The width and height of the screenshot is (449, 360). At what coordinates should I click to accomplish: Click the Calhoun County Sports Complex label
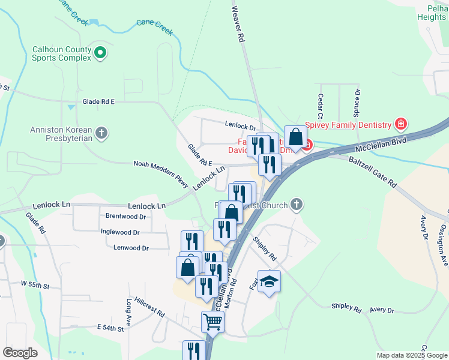(x=62, y=54)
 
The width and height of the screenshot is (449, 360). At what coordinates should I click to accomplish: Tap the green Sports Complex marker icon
(x=101, y=54)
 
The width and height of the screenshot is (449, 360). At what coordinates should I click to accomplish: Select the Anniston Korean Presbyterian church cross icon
(x=102, y=133)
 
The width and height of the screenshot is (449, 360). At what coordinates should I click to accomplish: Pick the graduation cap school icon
(x=270, y=281)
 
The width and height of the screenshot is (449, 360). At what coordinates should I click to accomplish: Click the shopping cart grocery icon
(x=213, y=322)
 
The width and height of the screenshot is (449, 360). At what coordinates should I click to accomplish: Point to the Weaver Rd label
(x=238, y=25)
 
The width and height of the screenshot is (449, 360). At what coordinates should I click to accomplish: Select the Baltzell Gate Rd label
(x=373, y=172)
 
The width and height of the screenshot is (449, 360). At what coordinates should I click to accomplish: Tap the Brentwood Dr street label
(x=126, y=216)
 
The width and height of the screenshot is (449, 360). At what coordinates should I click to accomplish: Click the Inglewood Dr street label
(x=120, y=232)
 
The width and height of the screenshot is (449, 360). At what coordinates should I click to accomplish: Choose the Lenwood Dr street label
(x=130, y=247)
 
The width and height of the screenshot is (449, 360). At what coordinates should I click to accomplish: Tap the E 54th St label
(x=110, y=328)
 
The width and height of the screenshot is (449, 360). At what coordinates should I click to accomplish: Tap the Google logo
(x=20, y=352)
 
